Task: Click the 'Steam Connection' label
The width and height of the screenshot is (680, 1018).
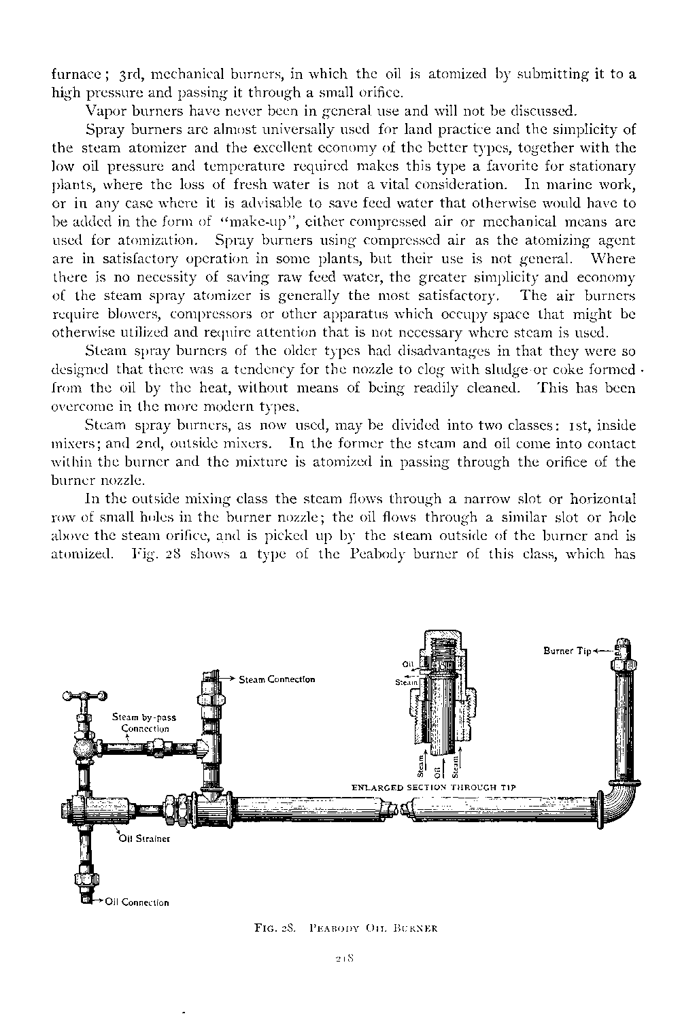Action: (276, 679)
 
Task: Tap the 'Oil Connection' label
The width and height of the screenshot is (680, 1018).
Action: (137, 902)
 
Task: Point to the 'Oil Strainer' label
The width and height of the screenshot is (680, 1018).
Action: (144, 838)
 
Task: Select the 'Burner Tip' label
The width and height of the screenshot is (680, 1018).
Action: (567, 651)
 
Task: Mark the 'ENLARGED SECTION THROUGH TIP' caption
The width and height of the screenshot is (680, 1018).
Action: (435, 787)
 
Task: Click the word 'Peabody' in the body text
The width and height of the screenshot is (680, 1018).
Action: (378, 554)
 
